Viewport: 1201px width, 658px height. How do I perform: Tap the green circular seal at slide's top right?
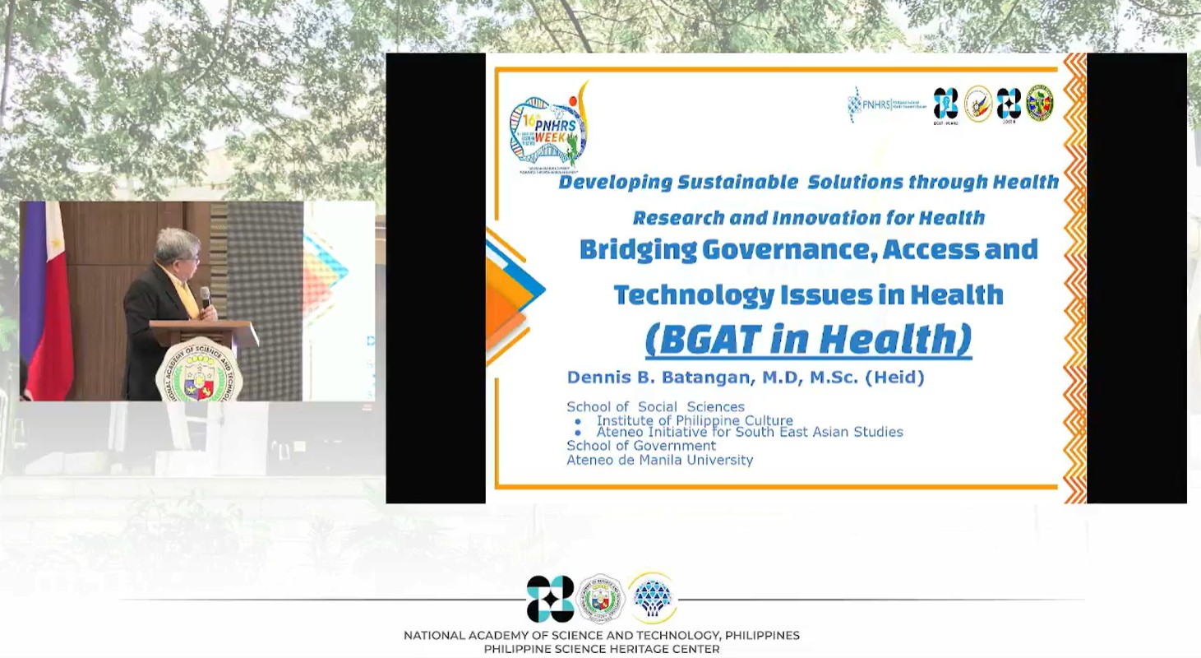[x=1039, y=104]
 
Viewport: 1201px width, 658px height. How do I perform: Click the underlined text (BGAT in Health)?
[x=808, y=339]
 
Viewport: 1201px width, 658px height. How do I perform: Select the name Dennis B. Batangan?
[x=656, y=378]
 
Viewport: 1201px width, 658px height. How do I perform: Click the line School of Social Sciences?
[x=655, y=406]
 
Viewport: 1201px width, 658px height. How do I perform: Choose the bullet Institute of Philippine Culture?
[x=695, y=420]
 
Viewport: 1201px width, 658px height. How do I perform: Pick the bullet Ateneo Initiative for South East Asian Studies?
[x=749, y=432]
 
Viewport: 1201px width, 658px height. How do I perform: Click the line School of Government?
[x=641, y=446]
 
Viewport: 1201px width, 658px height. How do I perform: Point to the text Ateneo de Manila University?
[x=659, y=460]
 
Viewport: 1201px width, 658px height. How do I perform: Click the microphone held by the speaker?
[x=206, y=296]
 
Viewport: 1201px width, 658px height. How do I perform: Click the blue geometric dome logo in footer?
[x=653, y=598]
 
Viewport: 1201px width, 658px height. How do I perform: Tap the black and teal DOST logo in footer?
[x=550, y=599]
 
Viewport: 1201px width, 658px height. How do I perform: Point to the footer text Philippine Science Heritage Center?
[x=601, y=649]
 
